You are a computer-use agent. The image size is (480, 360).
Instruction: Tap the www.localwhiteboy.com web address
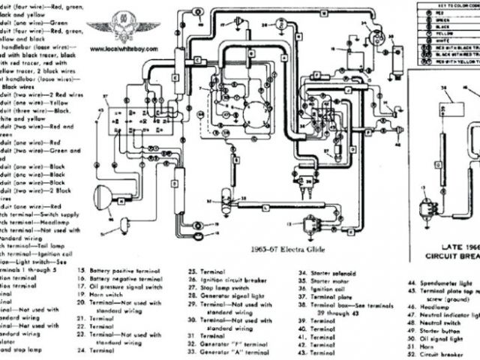point(124,46)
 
